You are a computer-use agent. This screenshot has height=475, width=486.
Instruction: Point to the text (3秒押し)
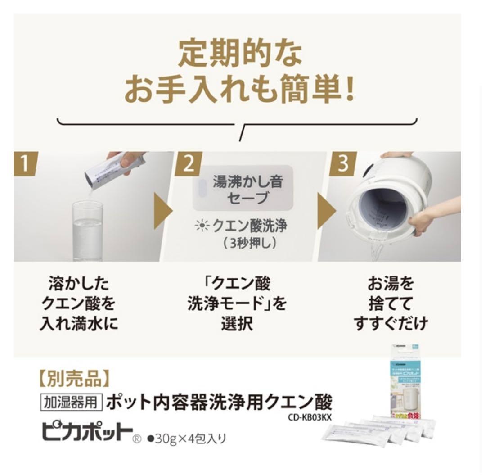[243, 243]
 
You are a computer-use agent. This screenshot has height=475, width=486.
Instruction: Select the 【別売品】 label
[72, 380]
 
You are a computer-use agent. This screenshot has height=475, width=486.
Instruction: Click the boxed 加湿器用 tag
[72, 401]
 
